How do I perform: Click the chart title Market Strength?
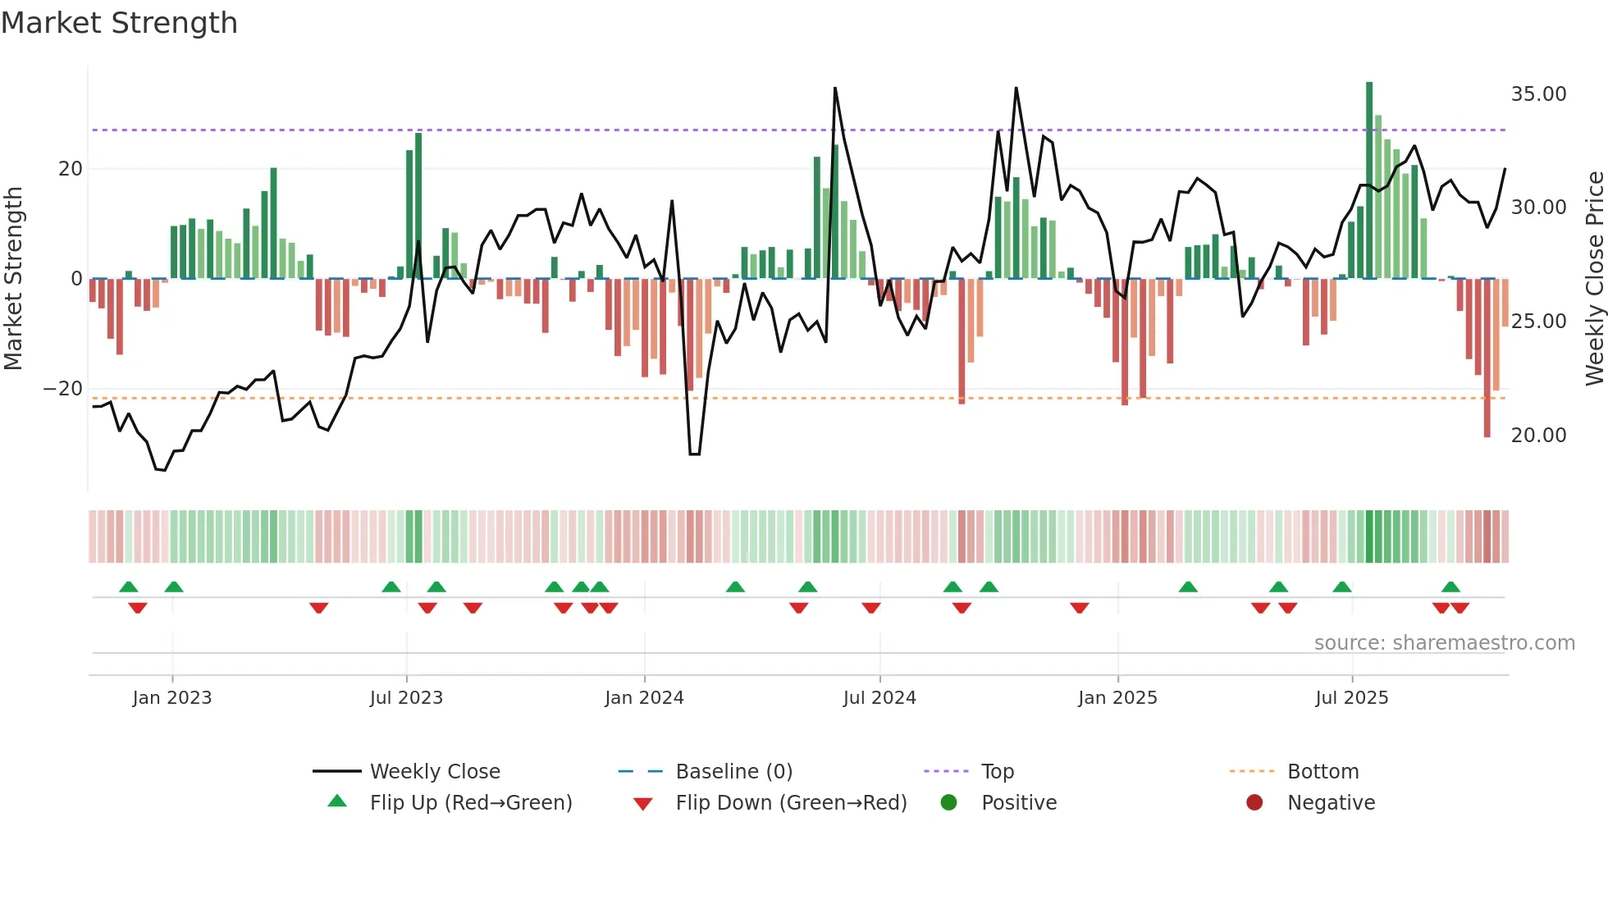point(119,23)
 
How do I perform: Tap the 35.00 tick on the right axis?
point(1538,94)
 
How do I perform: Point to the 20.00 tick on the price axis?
point(1538,436)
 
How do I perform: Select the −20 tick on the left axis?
point(63,389)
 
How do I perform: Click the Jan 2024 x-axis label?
point(644,698)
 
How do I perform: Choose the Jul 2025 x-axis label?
point(1351,698)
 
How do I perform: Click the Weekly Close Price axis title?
point(1594,279)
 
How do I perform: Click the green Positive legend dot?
point(948,802)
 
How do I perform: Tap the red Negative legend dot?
point(1254,802)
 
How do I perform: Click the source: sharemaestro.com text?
point(1444,643)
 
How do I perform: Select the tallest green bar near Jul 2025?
point(1369,180)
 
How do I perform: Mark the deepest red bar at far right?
point(1487,358)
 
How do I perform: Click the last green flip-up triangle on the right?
point(1450,587)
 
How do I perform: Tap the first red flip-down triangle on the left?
point(138,608)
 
